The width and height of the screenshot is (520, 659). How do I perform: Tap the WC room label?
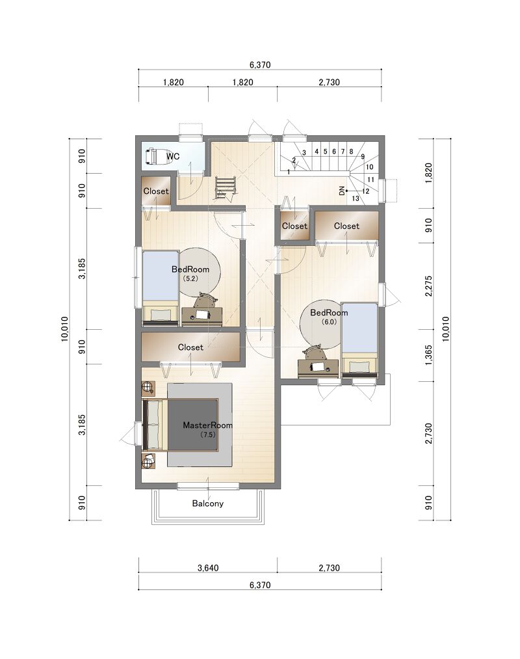tap(173, 156)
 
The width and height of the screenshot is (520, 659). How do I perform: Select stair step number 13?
tap(356, 198)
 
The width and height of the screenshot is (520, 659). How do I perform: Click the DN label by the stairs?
tap(342, 191)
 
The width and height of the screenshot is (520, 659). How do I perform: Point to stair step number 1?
tap(289, 172)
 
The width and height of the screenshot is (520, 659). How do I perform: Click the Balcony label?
tap(207, 503)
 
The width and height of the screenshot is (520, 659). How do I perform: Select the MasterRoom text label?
tap(207, 425)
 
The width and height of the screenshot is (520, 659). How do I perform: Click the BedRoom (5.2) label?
tap(190, 273)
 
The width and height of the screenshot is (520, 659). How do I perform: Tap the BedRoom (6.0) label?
tap(329, 316)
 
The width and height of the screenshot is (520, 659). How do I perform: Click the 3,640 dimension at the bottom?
tap(208, 568)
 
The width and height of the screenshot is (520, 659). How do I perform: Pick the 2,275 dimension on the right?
tap(428, 286)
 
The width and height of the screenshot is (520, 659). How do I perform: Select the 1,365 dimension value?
tap(428, 355)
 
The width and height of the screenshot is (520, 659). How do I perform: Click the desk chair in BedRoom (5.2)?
tap(206, 301)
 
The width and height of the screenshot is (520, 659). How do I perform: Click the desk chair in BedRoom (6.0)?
tap(315, 353)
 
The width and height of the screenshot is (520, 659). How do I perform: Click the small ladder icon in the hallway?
tap(226, 187)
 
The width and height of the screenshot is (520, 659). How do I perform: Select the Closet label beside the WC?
tap(156, 191)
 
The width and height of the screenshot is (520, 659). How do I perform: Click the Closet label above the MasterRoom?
tap(190, 347)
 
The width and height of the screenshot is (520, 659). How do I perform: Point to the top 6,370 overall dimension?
tap(260, 64)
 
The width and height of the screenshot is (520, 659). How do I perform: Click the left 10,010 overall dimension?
tap(64, 329)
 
